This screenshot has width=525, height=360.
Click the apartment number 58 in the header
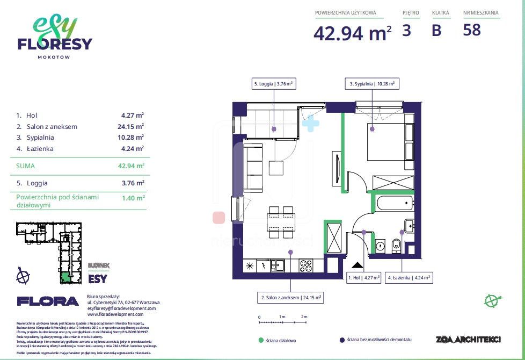coord(472,30)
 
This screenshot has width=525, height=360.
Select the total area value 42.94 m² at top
coord(352,33)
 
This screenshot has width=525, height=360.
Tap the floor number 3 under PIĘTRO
coord(406,30)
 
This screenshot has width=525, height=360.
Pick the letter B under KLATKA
coord(436,31)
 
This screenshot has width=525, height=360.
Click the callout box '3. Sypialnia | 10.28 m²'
coord(372,84)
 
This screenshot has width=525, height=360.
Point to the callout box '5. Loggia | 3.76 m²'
coord(274,84)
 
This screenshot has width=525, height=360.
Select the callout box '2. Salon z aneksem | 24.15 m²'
coord(291,297)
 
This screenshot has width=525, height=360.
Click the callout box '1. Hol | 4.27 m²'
coord(363,278)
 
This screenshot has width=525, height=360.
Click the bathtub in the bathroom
coord(393,204)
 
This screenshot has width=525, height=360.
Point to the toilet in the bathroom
coord(397,245)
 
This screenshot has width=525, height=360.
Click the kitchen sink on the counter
coord(278,265)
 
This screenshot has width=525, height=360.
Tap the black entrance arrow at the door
coord(356,264)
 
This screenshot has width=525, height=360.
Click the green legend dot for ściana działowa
coord(261,340)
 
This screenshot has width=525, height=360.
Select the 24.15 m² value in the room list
coord(133,127)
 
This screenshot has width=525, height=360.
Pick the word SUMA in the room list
coord(25,166)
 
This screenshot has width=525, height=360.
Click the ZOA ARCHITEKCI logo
coord(469,339)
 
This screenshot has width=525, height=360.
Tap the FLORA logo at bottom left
coord(48,301)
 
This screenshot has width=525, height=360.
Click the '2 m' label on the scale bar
coord(304,317)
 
